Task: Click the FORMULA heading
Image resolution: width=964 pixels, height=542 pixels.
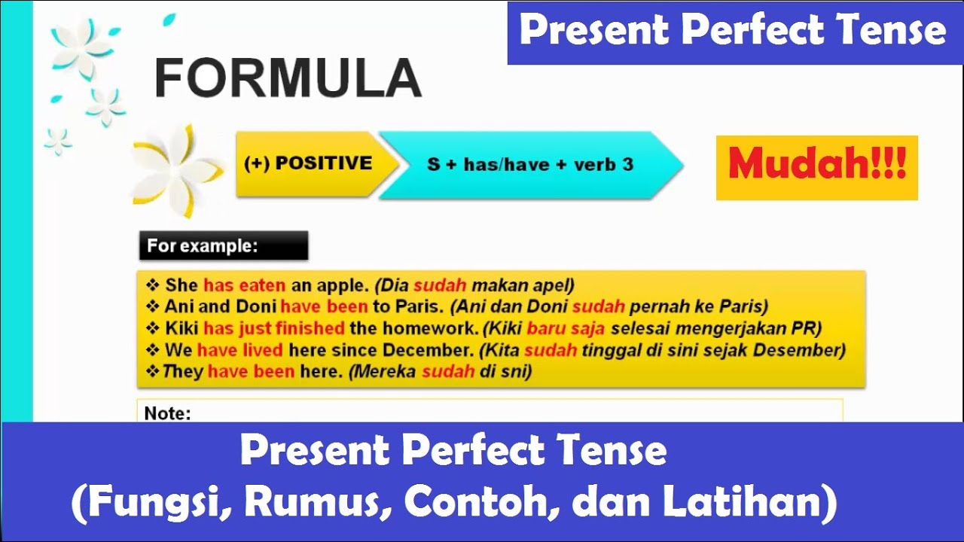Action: pyautogui.click(x=288, y=78)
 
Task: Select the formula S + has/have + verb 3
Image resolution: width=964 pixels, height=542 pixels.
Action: pyautogui.click(x=529, y=164)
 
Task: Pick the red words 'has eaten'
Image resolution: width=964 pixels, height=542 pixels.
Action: pyautogui.click(x=244, y=285)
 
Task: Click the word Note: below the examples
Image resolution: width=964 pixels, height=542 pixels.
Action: pyautogui.click(x=167, y=413)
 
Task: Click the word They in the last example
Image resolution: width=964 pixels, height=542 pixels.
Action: pyautogui.click(x=183, y=372)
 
